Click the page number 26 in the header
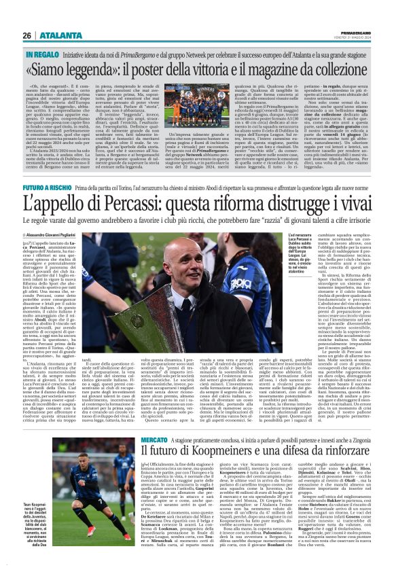pos(28,16)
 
